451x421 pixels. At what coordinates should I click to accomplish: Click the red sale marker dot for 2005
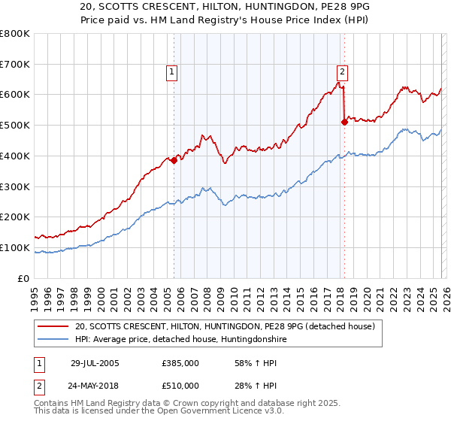(174, 160)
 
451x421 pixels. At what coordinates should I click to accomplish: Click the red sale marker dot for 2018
(344, 122)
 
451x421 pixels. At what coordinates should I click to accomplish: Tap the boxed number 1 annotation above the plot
(172, 72)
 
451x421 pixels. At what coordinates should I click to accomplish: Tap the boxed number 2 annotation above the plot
(342, 72)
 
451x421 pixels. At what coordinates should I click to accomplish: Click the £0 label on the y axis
(24, 278)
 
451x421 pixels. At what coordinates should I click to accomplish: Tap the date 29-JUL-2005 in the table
(94, 363)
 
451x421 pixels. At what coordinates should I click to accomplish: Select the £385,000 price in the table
(180, 363)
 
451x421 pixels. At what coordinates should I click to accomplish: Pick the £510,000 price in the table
(180, 386)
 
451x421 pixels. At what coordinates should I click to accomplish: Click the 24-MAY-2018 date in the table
(94, 386)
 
